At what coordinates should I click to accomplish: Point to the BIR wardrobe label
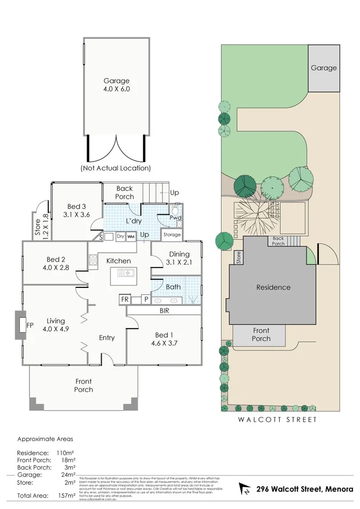(165, 310)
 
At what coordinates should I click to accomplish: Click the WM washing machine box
(131, 236)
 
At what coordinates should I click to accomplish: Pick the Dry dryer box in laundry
(120, 236)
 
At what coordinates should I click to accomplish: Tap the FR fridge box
(125, 299)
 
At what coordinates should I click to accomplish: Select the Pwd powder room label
(175, 218)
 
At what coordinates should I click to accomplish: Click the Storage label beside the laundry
(172, 235)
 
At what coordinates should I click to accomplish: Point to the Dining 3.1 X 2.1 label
(179, 258)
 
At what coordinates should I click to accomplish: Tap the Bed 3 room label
(76, 210)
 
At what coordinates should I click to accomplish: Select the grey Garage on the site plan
(323, 68)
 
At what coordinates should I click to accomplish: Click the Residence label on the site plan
(273, 287)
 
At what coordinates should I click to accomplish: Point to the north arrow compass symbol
(245, 490)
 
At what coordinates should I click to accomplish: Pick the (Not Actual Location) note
(116, 168)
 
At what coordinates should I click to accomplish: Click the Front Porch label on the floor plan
(83, 385)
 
